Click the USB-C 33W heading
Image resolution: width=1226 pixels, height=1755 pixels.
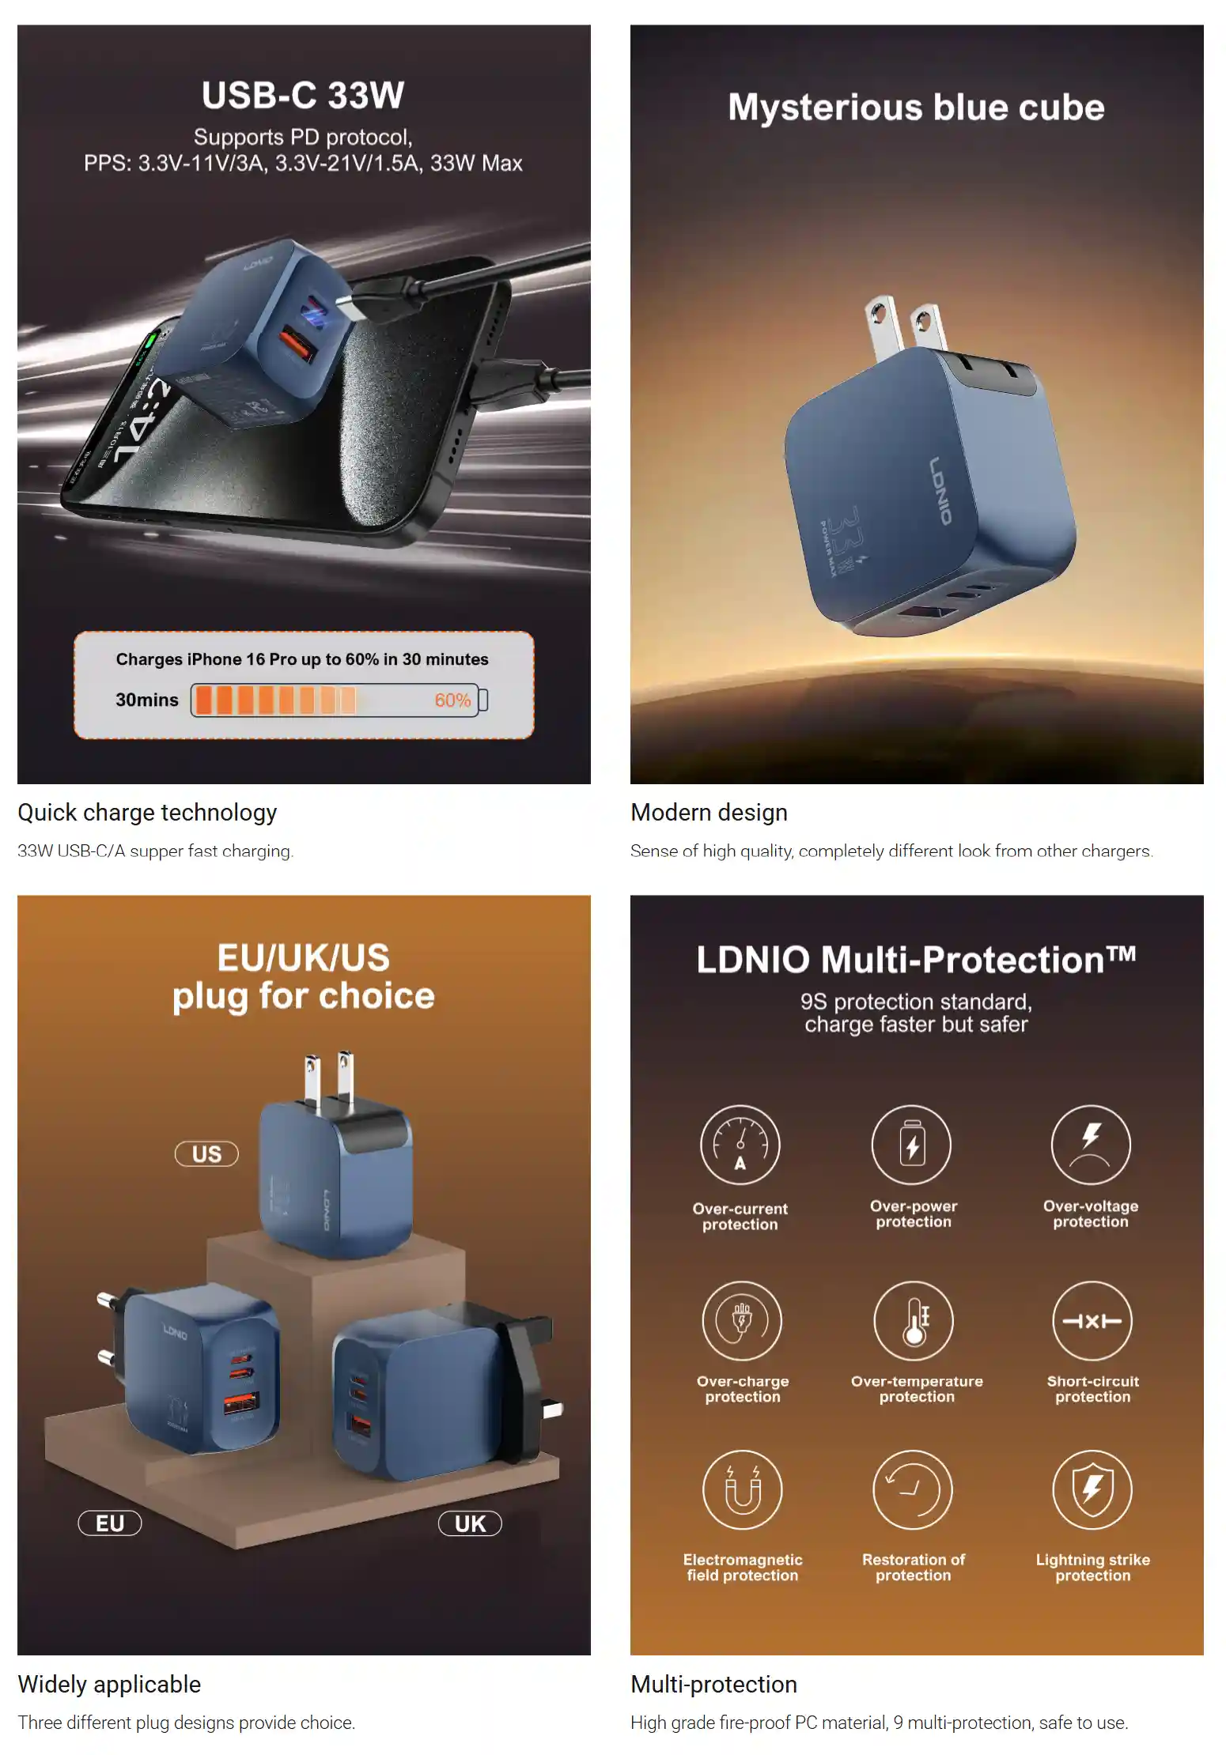pyautogui.click(x=303, y=96)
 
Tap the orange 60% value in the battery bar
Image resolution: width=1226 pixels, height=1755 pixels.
pyautogui.click(x=452, y=700)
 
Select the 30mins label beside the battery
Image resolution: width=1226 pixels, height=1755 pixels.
pyautogui.click(x=147, y=700)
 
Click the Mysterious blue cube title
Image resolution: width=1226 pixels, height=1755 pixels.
pyautogui.click(x=916, y=108)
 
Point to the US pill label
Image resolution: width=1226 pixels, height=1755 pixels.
pyautogui.click(x=206, y=1154)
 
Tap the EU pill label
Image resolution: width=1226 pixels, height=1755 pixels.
pyautogui.click(x=110, y=1523)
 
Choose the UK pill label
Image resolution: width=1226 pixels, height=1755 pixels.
pyautogui.click(x=470, y=1523)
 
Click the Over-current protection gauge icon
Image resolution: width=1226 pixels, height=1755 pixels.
pyautogui.click(x=740, y=1145)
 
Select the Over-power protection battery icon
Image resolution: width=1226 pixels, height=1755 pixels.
pyautogui.click(x=911, y=1145)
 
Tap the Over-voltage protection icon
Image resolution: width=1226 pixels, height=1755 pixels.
pyautogui.click(x=1091, y=1145)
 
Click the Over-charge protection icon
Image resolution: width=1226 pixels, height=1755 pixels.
pyautogui.click(x=742, y=1321)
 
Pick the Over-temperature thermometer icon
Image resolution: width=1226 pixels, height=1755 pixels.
pyautogui.click(x=914, y=1321)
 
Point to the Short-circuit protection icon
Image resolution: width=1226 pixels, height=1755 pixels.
pyautogui.click(x=1092, y=1321)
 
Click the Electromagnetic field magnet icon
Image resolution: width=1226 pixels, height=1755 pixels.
pyautogui.click(x=742, y=1490)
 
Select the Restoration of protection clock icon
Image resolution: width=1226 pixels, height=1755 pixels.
pyautogui.click(x=913, y=1490)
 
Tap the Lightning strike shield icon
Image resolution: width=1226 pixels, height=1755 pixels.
pyautogui.click(x=1092, y=1490)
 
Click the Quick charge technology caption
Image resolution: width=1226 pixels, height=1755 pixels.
pyautogui.click(x=148, y=813)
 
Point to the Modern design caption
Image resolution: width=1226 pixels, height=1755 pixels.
pyautogui.click(x=709, y=813)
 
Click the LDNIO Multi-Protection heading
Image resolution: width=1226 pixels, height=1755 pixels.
pyautogui.click(x=916, y=960)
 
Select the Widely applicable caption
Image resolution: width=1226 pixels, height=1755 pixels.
pyautogui.click(x=109, y=1685)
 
